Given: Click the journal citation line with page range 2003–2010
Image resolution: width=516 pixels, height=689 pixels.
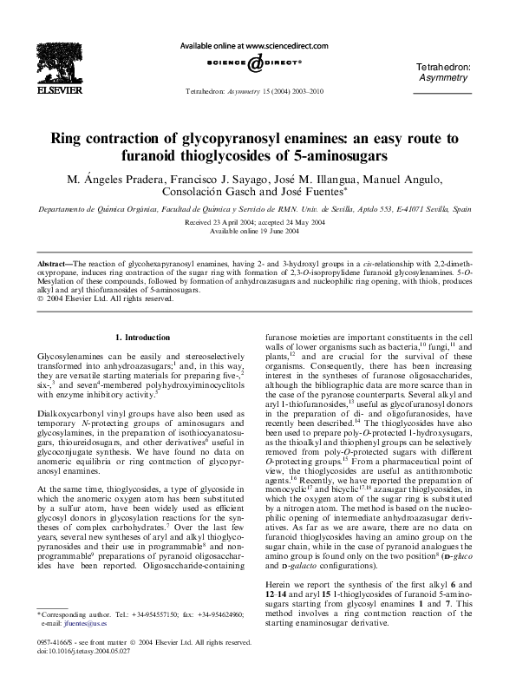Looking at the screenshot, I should (x=257, y=91).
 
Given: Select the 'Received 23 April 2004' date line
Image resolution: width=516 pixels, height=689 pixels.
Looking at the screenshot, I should (x=257, y=223).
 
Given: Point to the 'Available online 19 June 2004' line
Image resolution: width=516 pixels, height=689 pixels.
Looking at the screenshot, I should (x=257, y=232).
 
